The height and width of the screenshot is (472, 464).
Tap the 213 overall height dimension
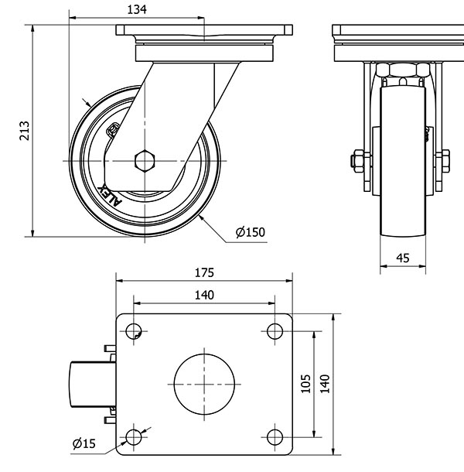(24, 131)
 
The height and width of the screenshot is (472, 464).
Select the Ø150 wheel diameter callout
(250, 231)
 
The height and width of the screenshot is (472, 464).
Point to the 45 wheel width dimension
(402, 258)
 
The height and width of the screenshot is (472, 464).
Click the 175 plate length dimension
(204, 272)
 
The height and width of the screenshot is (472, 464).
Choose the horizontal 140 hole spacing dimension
(204, 294)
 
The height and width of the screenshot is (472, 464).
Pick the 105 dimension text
(305, 384)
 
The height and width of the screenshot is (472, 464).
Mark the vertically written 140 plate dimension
(325, 384)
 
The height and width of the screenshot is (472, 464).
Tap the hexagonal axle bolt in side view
(145, 161)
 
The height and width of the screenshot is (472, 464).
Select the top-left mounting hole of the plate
(134, 331)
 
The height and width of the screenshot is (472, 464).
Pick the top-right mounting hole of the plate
(274, 331)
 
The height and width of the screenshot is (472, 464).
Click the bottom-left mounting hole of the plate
(134, 437)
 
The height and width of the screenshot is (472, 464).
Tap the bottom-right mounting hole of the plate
(274, 437)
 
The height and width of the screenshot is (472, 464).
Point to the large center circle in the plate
(204, 385)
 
